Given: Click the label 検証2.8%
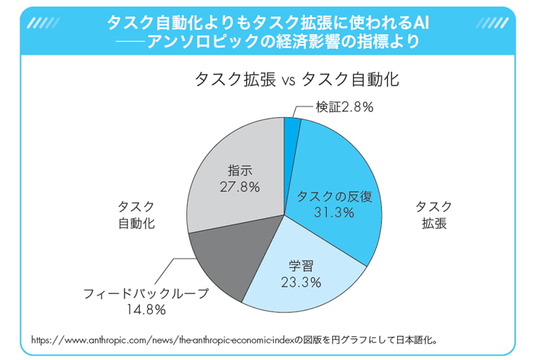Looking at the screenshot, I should [x=344, y=106].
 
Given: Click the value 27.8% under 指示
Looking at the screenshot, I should [x=239, y=186].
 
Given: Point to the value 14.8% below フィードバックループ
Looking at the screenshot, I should [x=145, y=310].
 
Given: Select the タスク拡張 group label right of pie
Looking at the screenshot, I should [x=433, y=215].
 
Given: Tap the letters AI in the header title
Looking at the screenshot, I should [x=420, y=22].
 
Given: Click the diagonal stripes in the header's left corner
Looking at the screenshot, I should [x=43, y=22].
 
